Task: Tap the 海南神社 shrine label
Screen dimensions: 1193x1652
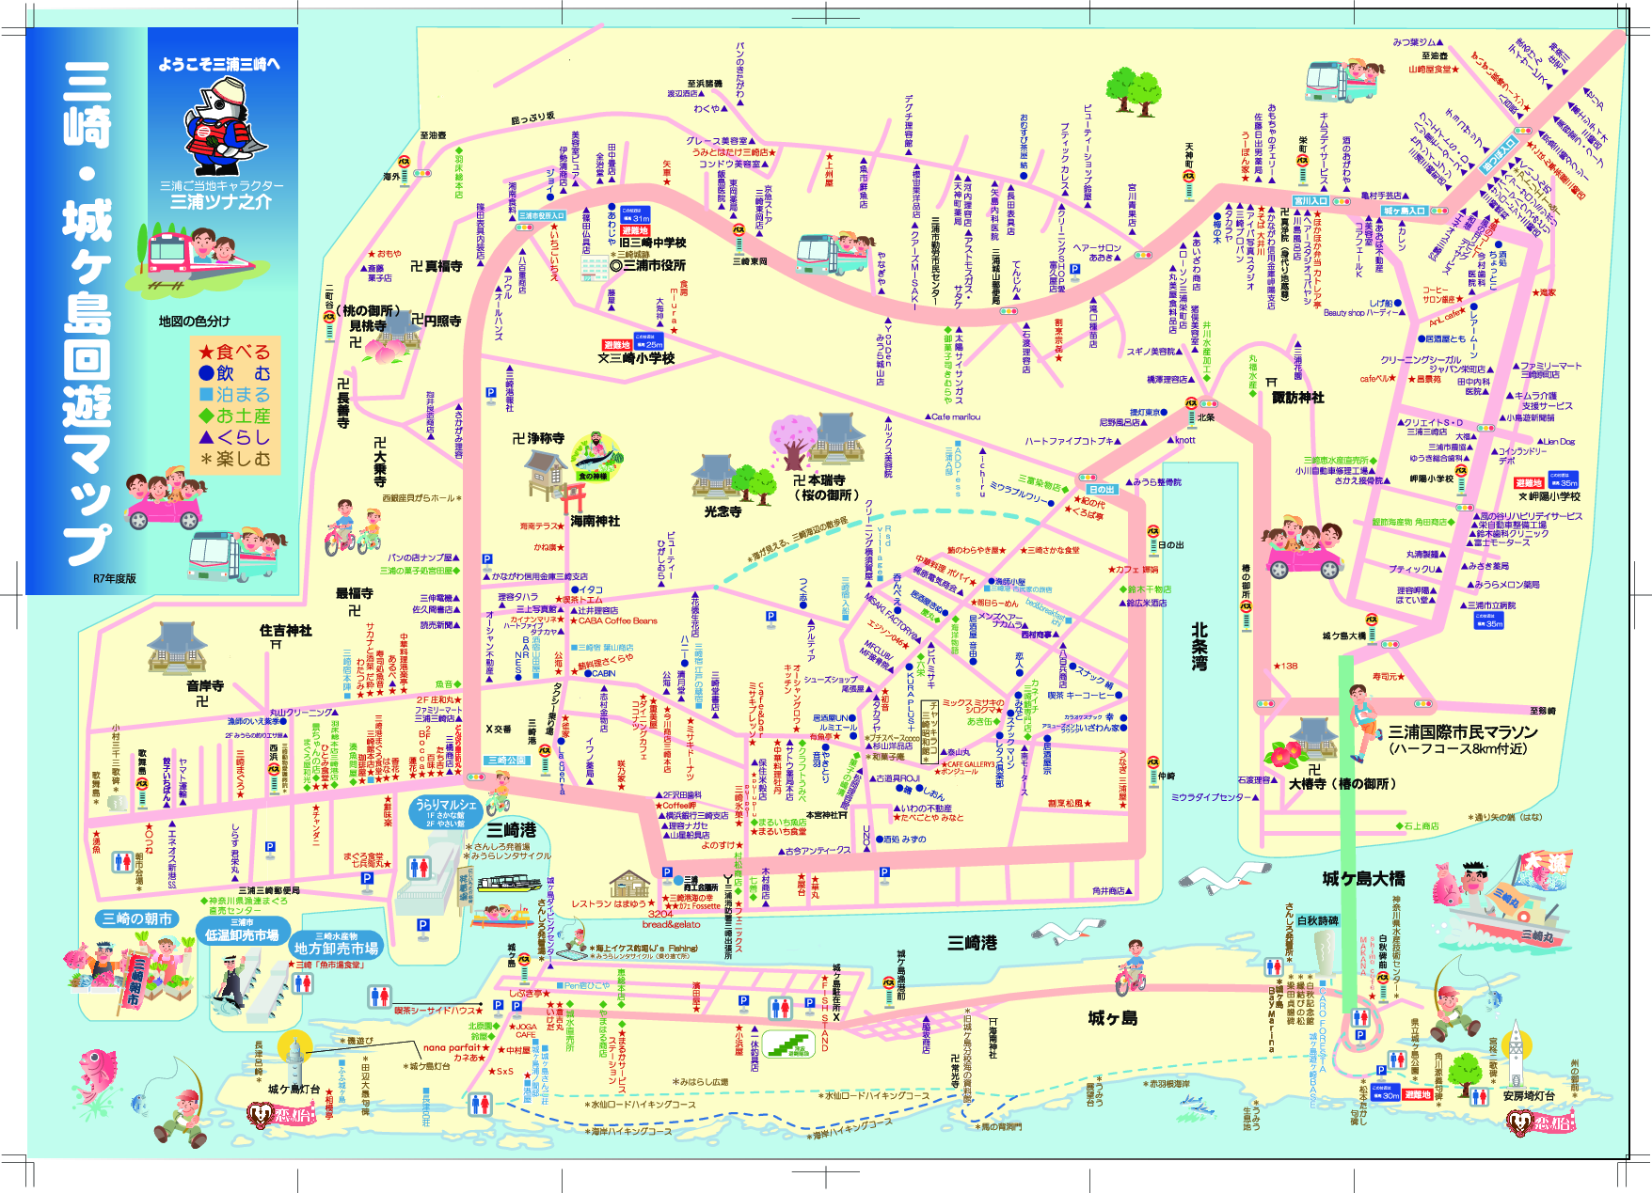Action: (595, 521)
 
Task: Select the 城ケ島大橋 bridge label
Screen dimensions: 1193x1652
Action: (1363, 878)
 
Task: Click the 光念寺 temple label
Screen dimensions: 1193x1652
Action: (723, 511)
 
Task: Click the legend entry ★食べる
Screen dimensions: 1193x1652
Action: (234, 353)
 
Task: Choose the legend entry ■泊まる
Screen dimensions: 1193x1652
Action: (234, 395)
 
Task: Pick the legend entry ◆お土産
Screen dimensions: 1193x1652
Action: (234, 416)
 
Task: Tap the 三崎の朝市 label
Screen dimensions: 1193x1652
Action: (137, 918)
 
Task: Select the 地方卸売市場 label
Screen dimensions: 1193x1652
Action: (336, 949)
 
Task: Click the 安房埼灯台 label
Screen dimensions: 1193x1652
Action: (1529, 1095)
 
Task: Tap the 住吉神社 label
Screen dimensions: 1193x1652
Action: (285, 631)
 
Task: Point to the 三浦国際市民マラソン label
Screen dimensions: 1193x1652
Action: (1463, 732)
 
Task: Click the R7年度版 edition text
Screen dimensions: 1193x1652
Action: (114, 578)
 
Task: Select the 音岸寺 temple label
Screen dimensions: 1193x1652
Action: (204, 686)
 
